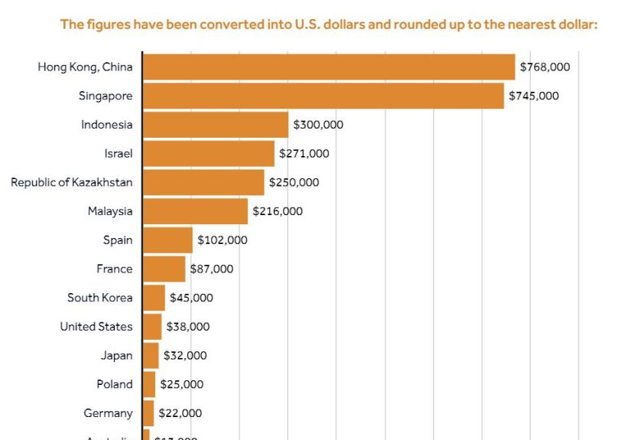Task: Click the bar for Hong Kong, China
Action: pyautogui.click(x=329, y=67)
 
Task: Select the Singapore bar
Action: pyautogui.click(x=324, y=96)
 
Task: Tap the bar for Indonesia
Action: pyautogui.click(x=216, y=125)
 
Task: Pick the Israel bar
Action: pyautogui.click(x=209, y=153)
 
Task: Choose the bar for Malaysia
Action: pyautogui.click(x=196, y=211)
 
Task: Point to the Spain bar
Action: pyautogui.click(x=168, y=240)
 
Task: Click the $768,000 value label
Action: pyautogui.click(x=545, y=67)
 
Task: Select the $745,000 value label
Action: pyautogui.click(x=534, y=96)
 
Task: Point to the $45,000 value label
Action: pyautogui.click(x=191, y=298)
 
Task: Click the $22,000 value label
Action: pyautogui.click(x=181, y=413)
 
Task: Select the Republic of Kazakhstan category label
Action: pyautogui.click(x=72, y=182)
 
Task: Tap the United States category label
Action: pyautogui.click(x=96, y=327)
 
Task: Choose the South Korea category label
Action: pyautogui.click(x=99, y=298)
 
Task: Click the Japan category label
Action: pyautogui.click(x=116, y=355)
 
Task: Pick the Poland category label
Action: pyautogui.click(x=114, y=384)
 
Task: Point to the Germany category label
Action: pyautogui.click(x=108, y=413)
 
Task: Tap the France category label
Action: pyautogui.click(x=114, y=269)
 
